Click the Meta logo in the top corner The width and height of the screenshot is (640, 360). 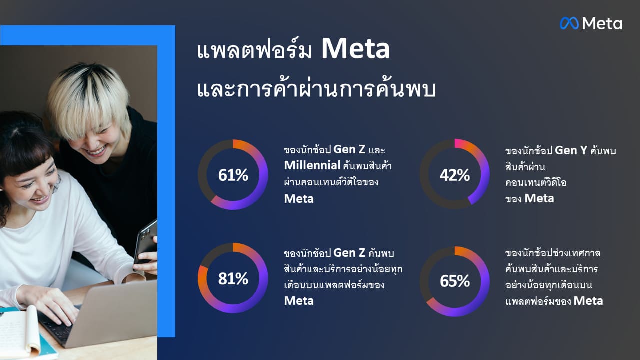[x=591, y=23]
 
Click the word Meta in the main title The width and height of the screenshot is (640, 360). [x=355, y=49]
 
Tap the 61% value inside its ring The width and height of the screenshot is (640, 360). [x=233, y=175]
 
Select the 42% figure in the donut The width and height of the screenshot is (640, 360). [x=454, y=175]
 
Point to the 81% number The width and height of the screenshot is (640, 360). [x=233, y=279]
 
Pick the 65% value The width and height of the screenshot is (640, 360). [x=454, y=281]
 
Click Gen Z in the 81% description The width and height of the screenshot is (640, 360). [x=350, y=253]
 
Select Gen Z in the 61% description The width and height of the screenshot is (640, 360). [x=350, y=150]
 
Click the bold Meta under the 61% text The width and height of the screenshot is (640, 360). [x=299, y=199]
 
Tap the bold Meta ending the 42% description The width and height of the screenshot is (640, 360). [x=539, y=198]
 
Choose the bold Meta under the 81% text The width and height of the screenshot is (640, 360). [x=299, y=301]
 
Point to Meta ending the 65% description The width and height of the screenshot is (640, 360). [x=588, y=301]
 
